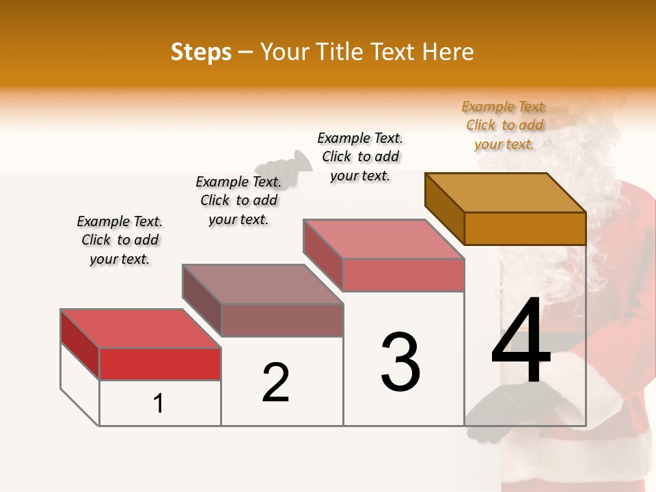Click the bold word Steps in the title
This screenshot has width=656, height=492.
click(x=201, y=52)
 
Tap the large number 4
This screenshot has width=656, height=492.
click(x=521, y=342)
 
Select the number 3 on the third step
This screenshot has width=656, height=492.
click(x=400, y=361)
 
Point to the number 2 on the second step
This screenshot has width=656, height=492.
click(x=276, y=383)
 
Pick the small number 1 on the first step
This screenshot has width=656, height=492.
click(x=159, y=403)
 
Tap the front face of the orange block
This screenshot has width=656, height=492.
click(x=525, y=228)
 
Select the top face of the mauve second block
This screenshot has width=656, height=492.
click(x=262, y=284)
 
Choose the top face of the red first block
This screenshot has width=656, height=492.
click(x=141, y=329)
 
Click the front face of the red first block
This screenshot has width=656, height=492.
click(x=160, y=364)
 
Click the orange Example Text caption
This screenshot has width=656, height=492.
click(x=504, y=125)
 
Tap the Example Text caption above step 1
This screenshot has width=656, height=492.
click(x=120, y=240)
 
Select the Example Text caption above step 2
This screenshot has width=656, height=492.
click(x=238, y=200)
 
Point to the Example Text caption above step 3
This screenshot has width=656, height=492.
click(x=360, y=156)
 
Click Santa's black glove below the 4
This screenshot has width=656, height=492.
click(x=509, y=410)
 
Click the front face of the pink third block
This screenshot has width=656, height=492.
click(x=403, y=275)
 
